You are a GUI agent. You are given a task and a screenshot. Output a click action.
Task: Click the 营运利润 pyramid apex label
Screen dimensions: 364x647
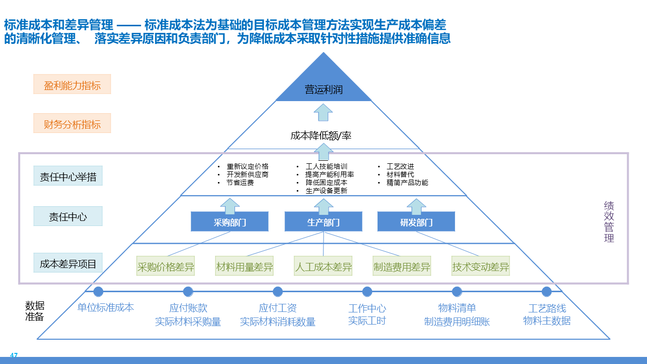point(323,90)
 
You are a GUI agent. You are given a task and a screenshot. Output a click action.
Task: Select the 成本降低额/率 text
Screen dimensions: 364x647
point(320,135)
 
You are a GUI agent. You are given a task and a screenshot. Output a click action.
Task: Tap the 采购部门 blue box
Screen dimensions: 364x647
point(229,222)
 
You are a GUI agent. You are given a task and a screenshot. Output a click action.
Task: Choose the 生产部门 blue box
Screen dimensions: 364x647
point(323,222)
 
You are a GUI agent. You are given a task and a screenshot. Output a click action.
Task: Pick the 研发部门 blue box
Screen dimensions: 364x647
point(416,222)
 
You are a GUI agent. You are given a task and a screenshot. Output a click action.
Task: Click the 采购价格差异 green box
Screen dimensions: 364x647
point(166,266)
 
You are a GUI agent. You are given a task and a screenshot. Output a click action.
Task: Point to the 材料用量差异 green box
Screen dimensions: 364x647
point(244,266)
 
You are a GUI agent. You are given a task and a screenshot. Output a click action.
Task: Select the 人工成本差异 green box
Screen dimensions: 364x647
point(323,266)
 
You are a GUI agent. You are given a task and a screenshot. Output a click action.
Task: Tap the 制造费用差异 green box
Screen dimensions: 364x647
point(402,266)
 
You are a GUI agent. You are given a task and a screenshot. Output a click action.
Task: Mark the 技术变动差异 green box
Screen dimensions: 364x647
point(480,266)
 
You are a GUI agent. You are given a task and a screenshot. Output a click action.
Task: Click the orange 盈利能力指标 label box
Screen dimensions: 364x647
point(72,84)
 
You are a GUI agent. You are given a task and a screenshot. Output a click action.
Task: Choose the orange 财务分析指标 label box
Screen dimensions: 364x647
point(72,123)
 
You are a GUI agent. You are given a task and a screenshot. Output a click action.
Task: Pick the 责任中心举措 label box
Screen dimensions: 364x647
point(68,176)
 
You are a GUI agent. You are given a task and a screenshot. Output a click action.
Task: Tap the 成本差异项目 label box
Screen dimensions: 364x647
point(68,263)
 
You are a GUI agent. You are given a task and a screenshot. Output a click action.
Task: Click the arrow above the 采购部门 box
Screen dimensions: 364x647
point(229,206)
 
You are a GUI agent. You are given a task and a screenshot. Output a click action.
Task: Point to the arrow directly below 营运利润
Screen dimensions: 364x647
point(323,112)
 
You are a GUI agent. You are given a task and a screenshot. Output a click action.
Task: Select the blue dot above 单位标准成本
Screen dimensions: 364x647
point(99,292)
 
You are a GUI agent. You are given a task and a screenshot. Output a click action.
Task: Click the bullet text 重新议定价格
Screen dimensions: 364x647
point(247,166)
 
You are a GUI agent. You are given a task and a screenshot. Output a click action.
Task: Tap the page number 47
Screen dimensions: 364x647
point(14,355)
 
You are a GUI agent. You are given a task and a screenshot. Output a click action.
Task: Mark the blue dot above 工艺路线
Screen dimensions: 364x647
point(546,292)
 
